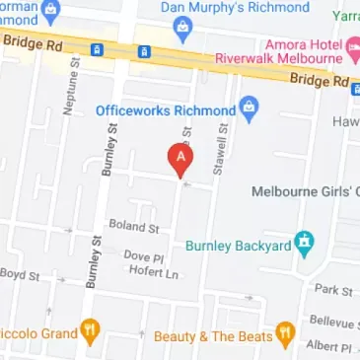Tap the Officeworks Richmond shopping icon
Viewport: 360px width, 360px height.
click(251, 108)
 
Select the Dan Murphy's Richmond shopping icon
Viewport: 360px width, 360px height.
click(180, 30)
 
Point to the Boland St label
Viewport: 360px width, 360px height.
click(133, 227)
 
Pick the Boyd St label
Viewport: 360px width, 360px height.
click(20, 274)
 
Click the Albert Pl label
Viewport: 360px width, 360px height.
click(328, 347)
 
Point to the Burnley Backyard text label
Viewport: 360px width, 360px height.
click(239, 245)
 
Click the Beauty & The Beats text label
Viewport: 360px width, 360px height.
click(213, 336)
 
